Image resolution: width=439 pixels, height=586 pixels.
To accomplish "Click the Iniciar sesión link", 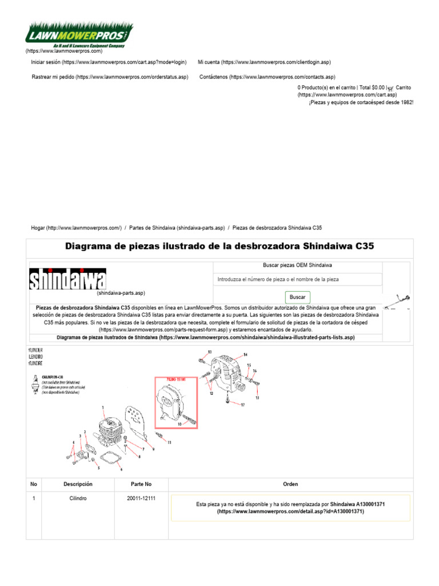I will coord(109,62).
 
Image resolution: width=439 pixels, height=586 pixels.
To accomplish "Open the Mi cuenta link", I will coord(264,62).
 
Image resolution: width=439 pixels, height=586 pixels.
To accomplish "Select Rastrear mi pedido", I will coord(109,77).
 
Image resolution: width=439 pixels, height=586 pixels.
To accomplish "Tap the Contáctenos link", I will coord(267,77).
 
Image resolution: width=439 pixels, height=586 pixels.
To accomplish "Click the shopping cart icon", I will coord(390,88).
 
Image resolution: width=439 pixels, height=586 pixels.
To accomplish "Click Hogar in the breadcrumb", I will coord(77,228).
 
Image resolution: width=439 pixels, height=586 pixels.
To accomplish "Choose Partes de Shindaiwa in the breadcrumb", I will coord(177,228).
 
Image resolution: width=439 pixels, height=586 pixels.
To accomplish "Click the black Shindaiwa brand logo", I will coord(67,280).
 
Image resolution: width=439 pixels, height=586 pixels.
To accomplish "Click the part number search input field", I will coord(297,279).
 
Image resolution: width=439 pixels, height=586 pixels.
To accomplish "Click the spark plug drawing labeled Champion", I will coord(35,382).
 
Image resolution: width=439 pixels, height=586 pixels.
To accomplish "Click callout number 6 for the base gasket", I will coord(121,469).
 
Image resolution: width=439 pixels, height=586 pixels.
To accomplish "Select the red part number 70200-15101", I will coord(175,379).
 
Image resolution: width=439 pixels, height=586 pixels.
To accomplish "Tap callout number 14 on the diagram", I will coord(245,355).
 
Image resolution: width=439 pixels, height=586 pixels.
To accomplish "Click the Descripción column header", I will coord(78,484).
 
